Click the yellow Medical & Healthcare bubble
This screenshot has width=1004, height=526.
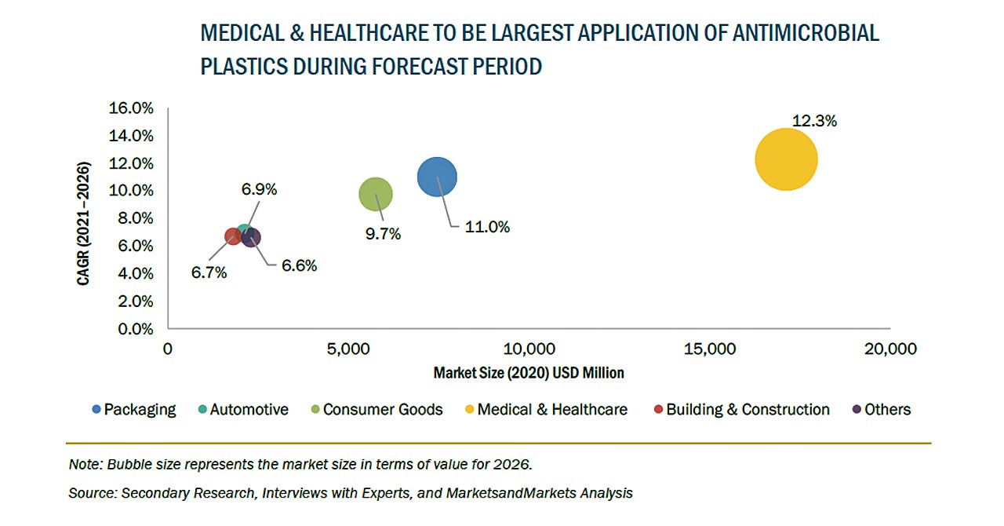coord(786,159)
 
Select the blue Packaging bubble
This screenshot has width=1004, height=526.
coord(437,177)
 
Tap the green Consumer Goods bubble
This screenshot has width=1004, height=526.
coord(375,195)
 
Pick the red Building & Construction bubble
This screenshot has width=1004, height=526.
coord(232,236)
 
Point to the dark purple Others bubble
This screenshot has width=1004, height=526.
coord(252,237)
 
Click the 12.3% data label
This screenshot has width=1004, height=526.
coord(814,122)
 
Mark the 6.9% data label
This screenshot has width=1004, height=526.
coord(259,189)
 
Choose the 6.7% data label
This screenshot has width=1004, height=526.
coord(209,273)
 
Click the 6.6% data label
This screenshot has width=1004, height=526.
coord(299,266)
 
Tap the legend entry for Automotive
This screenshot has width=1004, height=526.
coord(249,410)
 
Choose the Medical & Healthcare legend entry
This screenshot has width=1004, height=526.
coord(551,410)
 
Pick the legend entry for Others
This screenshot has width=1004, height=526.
coord(887,410)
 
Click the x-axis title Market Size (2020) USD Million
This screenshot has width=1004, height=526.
coord(529,373)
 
